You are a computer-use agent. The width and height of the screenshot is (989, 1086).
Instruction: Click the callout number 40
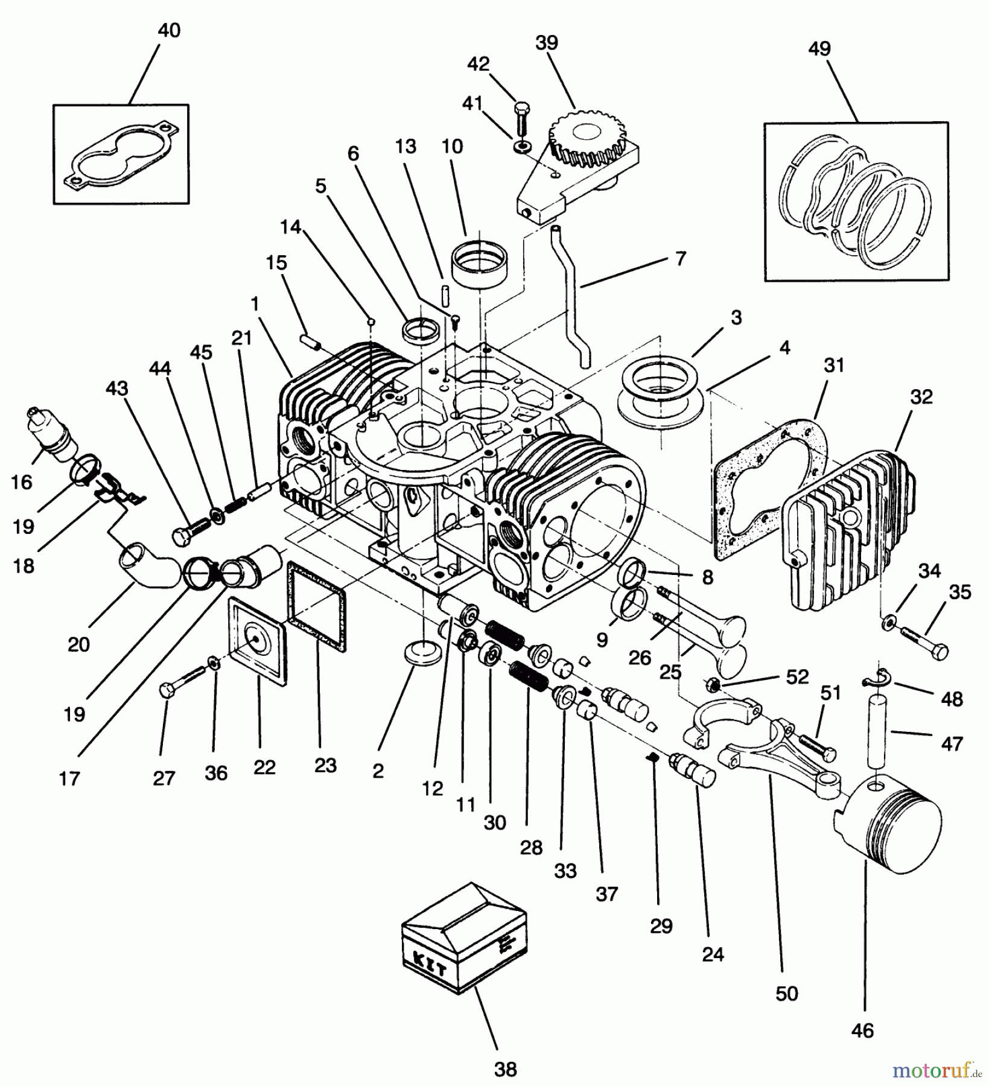point(168,30)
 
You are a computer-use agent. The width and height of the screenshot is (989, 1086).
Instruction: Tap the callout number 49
point(819,48)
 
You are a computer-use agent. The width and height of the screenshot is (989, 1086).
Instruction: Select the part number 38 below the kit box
point(506,1069)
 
